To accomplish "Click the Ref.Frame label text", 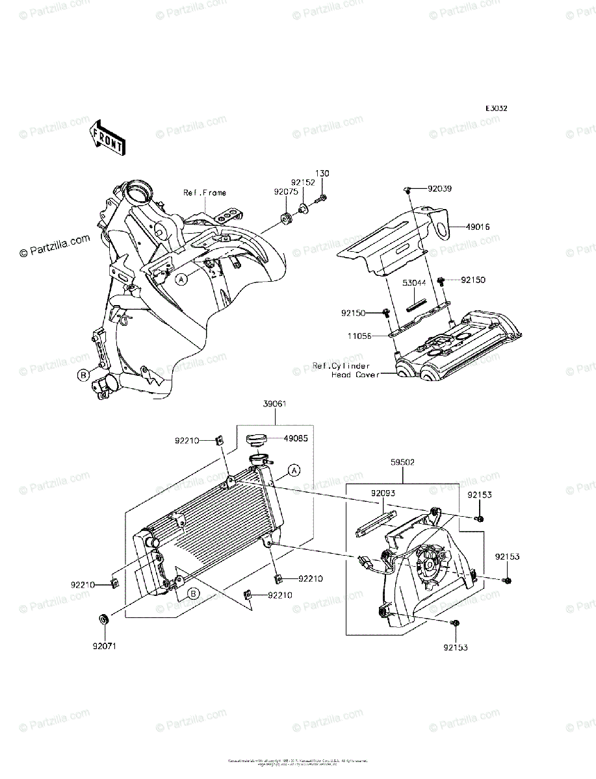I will (x=205, y=192).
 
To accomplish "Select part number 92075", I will (x=285, y=192).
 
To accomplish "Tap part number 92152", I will (x=302, y=183).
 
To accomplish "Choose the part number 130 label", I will (x=322, y=173).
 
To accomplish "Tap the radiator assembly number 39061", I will (x=275, y=404).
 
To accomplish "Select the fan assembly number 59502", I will (x=404, y=463).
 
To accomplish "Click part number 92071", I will (x=103, y=646).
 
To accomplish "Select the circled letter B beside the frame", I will (x=84, y=375).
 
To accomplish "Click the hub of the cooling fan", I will (x=431, y=563).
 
